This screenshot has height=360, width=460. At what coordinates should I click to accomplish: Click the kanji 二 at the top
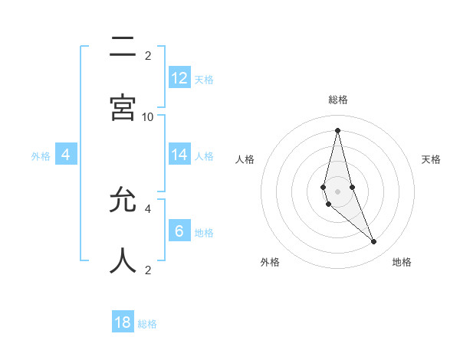pos(123,48)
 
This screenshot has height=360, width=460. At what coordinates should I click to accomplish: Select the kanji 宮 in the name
pos(123,106)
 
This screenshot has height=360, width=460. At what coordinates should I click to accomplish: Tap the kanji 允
pos(123,201)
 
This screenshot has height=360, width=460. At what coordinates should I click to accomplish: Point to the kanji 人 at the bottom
pos(123,260)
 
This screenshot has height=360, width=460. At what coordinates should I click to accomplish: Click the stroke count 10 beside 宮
pos(148,116)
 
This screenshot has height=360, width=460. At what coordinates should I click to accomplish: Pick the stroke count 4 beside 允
pos(148,208)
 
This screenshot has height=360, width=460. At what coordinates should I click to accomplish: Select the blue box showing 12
pos(179,77)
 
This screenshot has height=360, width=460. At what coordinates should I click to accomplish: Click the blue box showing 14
pos(179,155)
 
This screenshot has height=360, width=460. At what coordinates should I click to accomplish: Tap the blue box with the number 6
pos(179,231)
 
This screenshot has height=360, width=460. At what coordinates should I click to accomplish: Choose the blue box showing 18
pos(123,322)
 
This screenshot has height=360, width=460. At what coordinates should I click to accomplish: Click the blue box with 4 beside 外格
pos(66,155)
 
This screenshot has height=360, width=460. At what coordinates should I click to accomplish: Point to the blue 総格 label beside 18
pos(147,324)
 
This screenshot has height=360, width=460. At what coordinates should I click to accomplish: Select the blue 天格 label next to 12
pos(204,79)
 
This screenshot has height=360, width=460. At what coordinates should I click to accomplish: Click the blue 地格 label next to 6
pos(204,232)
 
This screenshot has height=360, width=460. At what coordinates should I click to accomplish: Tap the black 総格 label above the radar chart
pos(337,100)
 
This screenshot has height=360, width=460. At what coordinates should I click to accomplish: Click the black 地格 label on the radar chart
pos(402,262)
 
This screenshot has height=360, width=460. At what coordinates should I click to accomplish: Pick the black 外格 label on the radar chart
pos(270,262)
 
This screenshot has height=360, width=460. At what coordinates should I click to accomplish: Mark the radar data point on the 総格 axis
pos(337,130)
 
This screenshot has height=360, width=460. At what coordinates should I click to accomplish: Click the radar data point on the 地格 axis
pos(374,242)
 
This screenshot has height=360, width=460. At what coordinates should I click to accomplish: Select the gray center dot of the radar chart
pos(337,191)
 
